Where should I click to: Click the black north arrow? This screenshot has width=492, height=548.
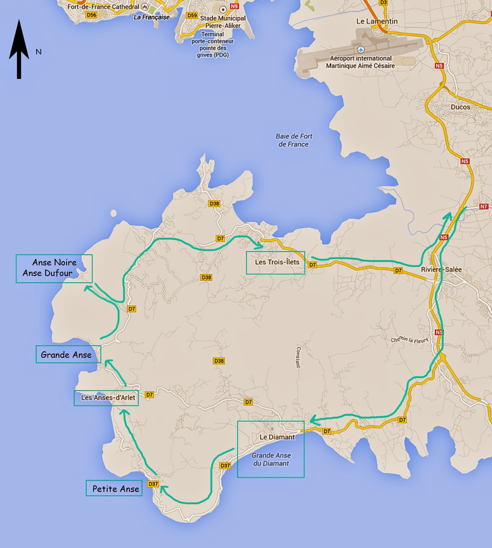tap(19, 50)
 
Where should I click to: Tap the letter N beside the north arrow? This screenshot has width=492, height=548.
tap(39, 52)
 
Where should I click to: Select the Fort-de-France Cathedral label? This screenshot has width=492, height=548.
tap(103, 7)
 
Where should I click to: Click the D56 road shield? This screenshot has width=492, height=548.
tap(91, 15)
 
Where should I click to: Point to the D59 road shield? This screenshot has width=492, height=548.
tap(192, 15)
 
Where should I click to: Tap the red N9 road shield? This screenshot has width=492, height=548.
tap(234, 7)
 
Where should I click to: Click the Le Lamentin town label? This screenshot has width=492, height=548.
tap(377, 21)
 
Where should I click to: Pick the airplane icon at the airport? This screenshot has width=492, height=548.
tap(360, 50)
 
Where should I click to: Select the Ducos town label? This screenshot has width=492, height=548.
tap(460, 107)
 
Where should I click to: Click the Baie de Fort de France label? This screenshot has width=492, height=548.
tap(294, 140)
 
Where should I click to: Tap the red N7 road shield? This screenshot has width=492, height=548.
tap(483, 207)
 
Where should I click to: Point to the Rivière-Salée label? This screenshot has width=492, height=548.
tap(441, 270)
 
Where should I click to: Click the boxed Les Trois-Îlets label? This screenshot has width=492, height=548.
tap(277, 262)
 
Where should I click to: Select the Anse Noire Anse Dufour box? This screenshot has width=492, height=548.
tap(54, 268)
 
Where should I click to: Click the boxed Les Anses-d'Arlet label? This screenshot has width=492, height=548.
tap(107, 398)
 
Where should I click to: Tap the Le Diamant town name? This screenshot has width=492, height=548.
tap(277, 437)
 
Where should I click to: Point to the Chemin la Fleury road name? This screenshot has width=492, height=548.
tap(409, 340)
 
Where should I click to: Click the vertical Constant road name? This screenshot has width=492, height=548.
tap(298, 357)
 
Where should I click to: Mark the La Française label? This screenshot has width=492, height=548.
tap(151, 17)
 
